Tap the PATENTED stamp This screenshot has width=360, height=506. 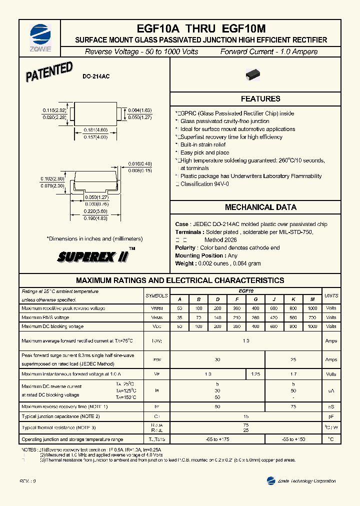click(x=49, y=72)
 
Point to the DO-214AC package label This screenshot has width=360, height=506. click(x=96, y=76)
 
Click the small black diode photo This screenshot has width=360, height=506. click(x=254, y=75)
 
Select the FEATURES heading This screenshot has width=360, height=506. click(x=260, y=99)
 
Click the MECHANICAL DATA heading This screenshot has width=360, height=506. click(x=260, y=207)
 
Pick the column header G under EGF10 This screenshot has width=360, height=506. click(x=255, y=299)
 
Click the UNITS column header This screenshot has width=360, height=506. click(x=331, y=295)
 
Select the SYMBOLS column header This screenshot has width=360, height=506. click(x=156, y=295)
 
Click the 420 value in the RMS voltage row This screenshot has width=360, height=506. click(x=274, y=317)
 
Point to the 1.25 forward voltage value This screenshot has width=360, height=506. click(x=255, y=373)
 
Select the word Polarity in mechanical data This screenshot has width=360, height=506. click(x=185, y=247)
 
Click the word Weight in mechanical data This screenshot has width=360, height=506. click(x=184, y=263)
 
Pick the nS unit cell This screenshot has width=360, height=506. click(x=331, y=407)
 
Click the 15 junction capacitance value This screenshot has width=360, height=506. click(x=245, y=416)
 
